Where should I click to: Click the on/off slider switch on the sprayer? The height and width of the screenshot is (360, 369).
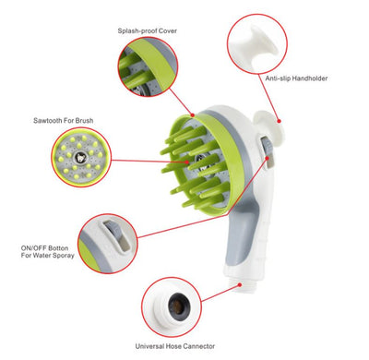coord(261,148)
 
